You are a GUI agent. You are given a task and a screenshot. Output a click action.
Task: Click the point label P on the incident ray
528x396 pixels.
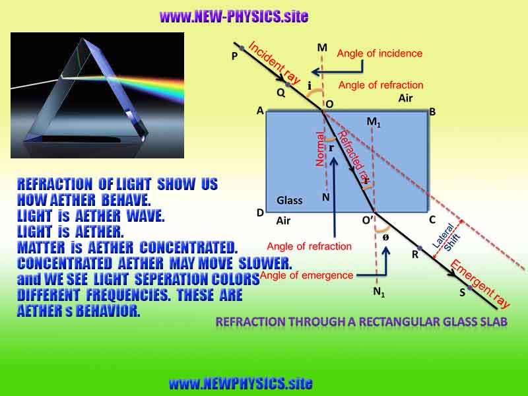click(x=234, y=57)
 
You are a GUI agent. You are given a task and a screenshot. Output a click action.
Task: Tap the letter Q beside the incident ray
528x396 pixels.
click(x=281, y=92)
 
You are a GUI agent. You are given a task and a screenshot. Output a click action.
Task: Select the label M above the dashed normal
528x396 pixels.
click(x=322, y=47)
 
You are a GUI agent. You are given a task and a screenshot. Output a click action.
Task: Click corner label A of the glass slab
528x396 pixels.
click(x=260, y=112)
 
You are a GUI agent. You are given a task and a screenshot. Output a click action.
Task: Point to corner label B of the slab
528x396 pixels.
click(x=432, y=112)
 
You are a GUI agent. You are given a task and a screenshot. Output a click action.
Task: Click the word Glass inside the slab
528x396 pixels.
click(x=289, y=200)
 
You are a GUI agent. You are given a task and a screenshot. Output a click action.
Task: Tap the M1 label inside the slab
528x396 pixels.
click(x=374, y=122)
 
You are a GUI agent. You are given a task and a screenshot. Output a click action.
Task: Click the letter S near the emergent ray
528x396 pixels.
click(x=463, y=293)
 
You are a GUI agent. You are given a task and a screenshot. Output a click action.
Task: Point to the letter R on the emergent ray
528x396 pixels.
click(x=415, y=254)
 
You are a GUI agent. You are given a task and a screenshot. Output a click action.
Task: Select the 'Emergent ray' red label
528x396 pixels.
click(x=480, y=284)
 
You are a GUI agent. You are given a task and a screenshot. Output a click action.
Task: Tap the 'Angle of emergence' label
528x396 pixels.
click(x=307, y=275)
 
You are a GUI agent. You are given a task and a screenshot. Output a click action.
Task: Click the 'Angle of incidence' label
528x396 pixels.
click(x=379, y=53)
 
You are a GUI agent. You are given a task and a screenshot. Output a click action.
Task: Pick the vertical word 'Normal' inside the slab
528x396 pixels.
click(x=321, y=149)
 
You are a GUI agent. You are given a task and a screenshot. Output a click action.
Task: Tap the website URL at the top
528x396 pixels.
click(x=234, y=16)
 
